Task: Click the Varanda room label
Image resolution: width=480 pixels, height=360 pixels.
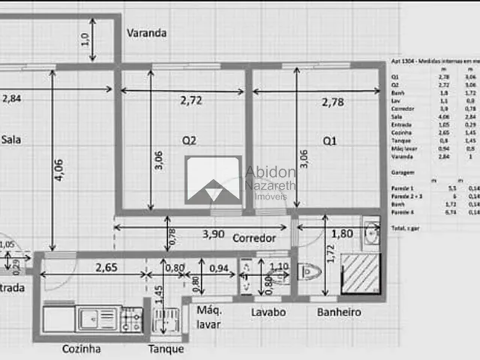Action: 146,33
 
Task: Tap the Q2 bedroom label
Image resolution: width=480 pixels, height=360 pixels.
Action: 189,140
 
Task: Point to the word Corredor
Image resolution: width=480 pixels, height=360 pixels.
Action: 254,238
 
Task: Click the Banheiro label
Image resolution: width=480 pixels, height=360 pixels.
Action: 339,312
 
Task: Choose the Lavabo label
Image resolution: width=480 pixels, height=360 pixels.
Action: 268,312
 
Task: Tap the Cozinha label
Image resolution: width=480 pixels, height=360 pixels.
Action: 82,349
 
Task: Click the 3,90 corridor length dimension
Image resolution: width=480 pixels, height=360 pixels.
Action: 213,234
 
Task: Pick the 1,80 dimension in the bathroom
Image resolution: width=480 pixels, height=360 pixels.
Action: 341,233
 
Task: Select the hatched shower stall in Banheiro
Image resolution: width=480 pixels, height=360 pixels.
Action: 361,274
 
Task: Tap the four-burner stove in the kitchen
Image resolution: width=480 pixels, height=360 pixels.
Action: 132,320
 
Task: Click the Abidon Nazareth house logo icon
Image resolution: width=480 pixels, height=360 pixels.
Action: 213,179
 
